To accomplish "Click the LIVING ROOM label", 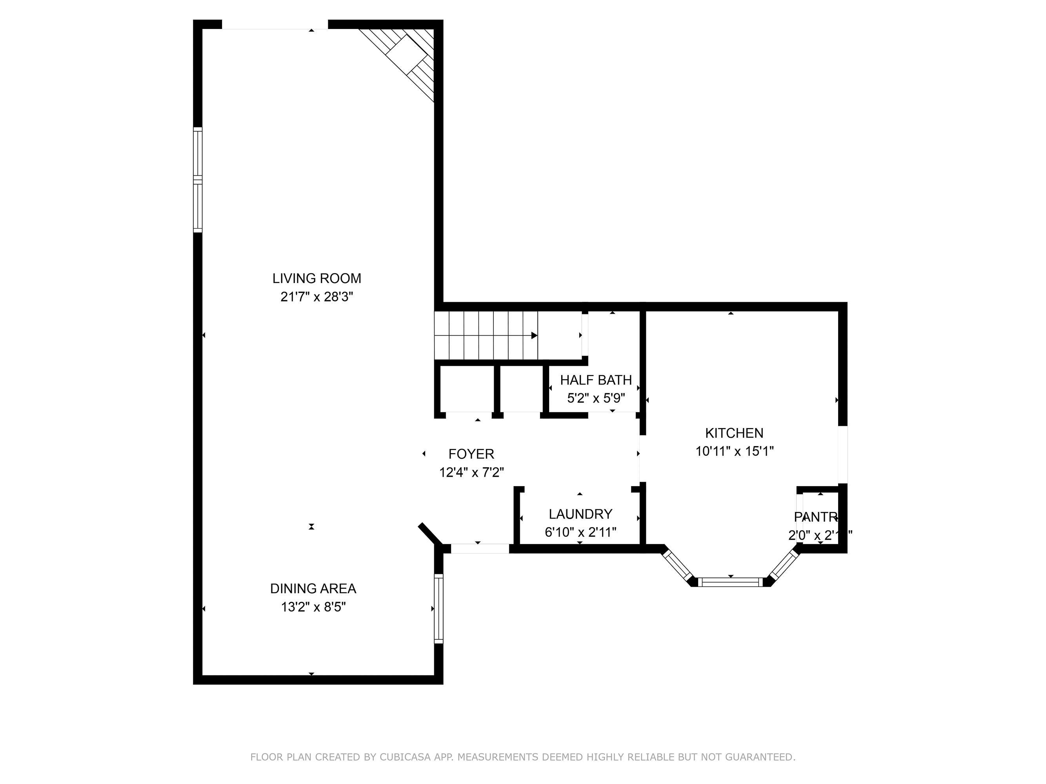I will point(317,278).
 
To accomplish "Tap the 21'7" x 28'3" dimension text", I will point(317,297).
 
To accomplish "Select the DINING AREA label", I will point(313,588).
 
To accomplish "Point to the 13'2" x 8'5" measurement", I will point(313,607).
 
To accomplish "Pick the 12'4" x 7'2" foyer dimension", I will point(471,472).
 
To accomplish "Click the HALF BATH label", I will point(595,380).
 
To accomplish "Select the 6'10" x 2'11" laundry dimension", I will point(580,532).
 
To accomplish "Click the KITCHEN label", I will point(734,433).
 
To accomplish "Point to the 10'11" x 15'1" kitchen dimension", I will point(734,451).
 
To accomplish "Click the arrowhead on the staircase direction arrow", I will point(534,336).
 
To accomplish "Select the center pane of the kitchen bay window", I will point(731,582).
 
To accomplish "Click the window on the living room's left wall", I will point(198,180).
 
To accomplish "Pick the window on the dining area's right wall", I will point(438,609).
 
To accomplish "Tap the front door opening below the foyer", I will point(480,549).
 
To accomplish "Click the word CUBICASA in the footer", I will point(405,757).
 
